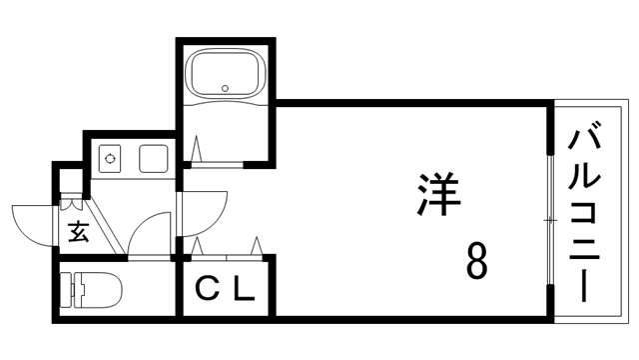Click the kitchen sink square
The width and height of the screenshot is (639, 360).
coord(153,158)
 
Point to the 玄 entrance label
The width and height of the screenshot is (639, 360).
coord(79,233)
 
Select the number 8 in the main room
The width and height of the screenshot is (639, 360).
coord(477,263)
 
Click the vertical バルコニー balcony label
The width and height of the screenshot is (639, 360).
coord(586,215)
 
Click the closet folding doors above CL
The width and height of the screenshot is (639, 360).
coord(228,248)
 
